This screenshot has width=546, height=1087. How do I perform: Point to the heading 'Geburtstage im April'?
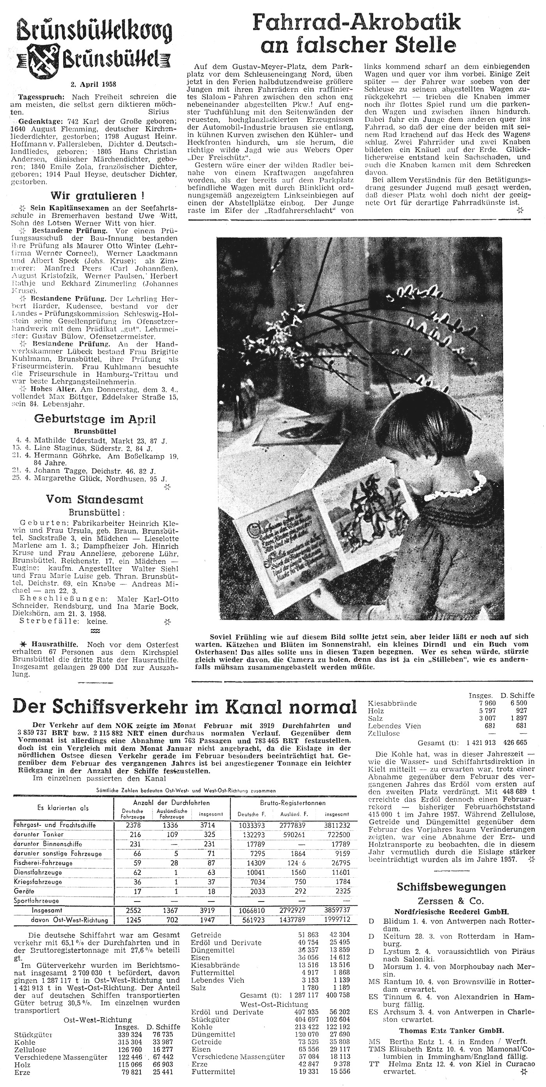tap(95, 419)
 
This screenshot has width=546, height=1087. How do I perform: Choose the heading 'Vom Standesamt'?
tap(94, 500)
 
